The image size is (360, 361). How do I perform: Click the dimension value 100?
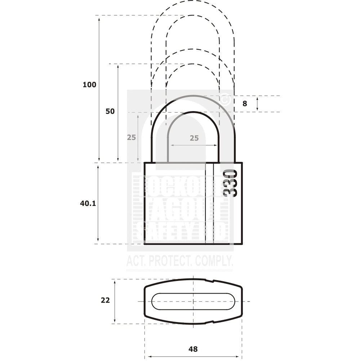pyautogui.click(x=89, y=85)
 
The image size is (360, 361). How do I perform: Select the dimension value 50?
pyautogui.click(x=110, y=111)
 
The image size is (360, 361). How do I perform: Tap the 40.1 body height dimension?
pyautogui.click(x=88, y=203)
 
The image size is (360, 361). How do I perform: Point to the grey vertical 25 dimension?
pyautogui.click(x=131, y=137)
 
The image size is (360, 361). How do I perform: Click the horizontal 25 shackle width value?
pyautogui.click(x=194, y=138)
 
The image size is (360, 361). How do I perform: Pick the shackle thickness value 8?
pyautogui.click(x=245, y=104)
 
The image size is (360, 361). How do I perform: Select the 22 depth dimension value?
pyautogui.click(x=105, y=300)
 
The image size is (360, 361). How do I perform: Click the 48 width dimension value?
pyautogui.click(x=193, y=349)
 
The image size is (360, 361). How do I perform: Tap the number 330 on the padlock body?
pyautogui.click(x=230, y=183)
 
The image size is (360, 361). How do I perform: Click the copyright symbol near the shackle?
pyautogui.click(x=225, y=98)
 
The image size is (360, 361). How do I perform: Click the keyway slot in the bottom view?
pyautogui.click(x=193, y=301)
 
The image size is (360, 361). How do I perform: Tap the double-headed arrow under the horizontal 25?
pyautogui.click(x=194, y=145)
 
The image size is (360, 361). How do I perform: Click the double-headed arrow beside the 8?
pyautogui.click(x=257, y=104)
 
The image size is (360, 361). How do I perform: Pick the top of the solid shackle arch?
pyautogui.click(x=193, y=96)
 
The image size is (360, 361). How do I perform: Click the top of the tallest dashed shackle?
pyautogui.click(x=193, y=1)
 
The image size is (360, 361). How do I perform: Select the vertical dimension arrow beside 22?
pyautogui.click(x=115, y=301)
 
